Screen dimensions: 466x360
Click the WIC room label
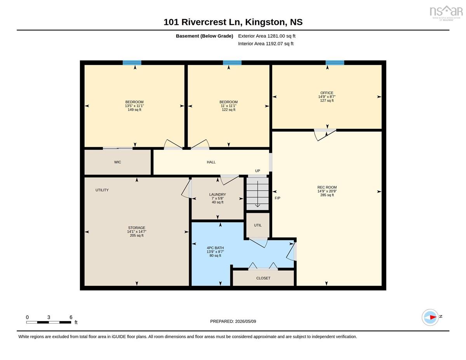[117, 162]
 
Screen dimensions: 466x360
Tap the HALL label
[211, 162]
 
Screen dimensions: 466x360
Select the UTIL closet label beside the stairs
[257, 225]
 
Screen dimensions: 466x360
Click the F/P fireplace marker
[277, 198]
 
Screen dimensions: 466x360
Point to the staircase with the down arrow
[257, 194]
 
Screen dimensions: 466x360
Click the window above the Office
[335, 63]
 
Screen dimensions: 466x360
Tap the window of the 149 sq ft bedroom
[132, 63]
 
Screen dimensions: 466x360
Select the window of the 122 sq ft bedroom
[232, 63]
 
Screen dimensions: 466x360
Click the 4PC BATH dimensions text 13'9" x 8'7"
[215, 252]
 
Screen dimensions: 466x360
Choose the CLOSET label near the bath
[263, 278]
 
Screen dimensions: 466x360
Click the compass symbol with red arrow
[430, 317]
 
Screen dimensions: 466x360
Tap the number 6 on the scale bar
[71, 317]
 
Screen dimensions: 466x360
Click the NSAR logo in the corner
[446, 13]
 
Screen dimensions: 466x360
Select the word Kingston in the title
[265, 22]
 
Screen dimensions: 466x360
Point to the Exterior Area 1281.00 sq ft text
[266, 36]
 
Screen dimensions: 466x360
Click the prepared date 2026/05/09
[245, 322]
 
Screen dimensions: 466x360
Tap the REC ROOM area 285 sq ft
[327, 195]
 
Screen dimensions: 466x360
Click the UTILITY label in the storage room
[102, 190]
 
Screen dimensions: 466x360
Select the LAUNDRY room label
[217, 195]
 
